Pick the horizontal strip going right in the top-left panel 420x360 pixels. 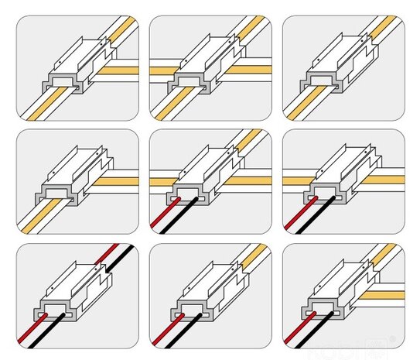[x=120, y=70]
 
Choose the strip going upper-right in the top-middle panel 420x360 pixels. [x=251, y=27]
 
